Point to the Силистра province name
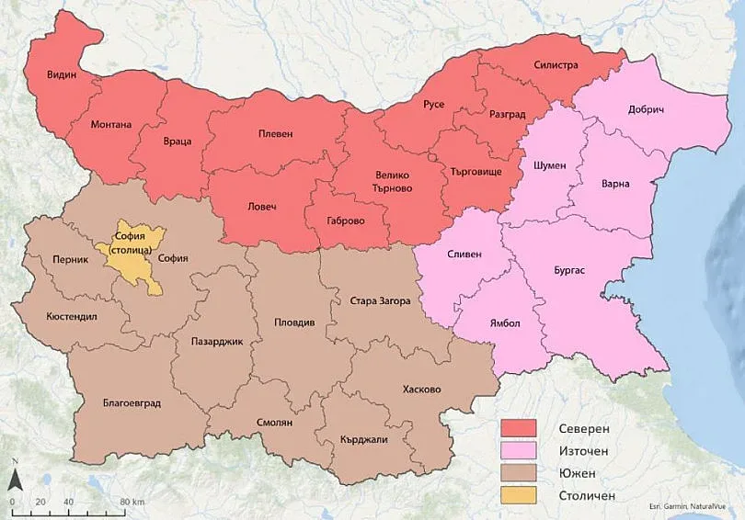[x=556, y=66]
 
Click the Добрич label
[x=646, y=109]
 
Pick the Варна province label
[x=614, y=184]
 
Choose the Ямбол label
[x=503, y=323]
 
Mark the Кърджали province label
[x=363, y=439]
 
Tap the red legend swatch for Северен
[x=518, y=430]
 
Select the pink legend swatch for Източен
[x=518, y=452]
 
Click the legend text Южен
[x=577, y=473]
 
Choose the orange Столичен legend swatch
[x=518, y=495]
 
